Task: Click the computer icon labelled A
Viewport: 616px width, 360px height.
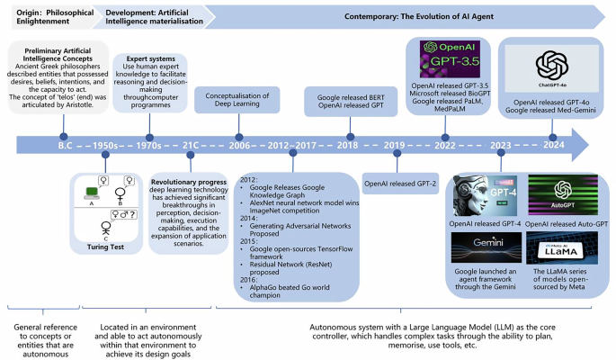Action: (x=91, y=189)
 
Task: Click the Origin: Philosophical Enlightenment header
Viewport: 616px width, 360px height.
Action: (x=47, y=16)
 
